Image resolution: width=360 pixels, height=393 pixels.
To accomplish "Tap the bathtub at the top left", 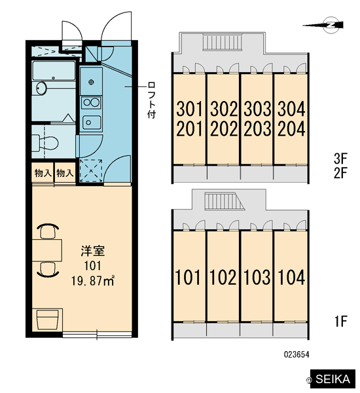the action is (54, 71).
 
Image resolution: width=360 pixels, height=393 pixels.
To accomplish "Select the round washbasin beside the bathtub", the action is (41, 88).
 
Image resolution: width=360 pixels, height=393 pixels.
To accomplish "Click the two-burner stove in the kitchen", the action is (91, 103).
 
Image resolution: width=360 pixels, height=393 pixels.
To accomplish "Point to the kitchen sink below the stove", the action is (92, 122).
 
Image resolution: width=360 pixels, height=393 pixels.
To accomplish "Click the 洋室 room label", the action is (93, 251).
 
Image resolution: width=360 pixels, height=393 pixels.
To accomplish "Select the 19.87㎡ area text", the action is (93, 281).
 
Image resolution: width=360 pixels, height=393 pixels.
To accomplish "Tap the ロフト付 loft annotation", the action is (151, 100).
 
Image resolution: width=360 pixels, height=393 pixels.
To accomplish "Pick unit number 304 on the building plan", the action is (291, 109).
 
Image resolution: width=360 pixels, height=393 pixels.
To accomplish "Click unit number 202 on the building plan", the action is (224, 129).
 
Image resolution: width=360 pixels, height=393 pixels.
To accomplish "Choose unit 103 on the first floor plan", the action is (257, 277).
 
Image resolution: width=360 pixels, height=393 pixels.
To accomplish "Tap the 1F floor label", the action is (340, 321).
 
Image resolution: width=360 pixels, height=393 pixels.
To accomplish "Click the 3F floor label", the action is (340, 158).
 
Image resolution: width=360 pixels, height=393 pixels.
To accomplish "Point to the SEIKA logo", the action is (333, 379).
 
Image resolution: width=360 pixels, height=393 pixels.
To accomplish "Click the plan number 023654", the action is (297, 354).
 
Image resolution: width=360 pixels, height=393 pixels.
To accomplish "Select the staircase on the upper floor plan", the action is (223, 43).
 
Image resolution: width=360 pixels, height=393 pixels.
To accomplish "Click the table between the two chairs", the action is (47, 250).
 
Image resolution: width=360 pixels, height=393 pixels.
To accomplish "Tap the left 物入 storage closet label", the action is (43, 173).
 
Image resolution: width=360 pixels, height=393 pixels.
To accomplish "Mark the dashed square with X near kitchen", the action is (91, 170).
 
